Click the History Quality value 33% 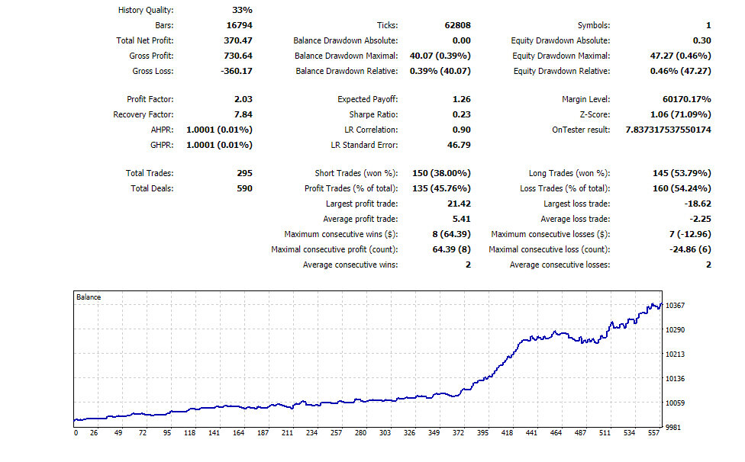[242, 10]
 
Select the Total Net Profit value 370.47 [238, 40]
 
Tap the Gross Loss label [153, 71]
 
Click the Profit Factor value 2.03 [243, 99]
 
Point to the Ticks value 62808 [457, 25]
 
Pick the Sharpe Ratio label [373, 115]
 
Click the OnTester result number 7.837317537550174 [668, 130]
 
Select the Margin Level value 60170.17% [687, 99]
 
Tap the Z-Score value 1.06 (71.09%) [680, 114]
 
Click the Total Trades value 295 [245, 173]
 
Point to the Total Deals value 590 [245, 188]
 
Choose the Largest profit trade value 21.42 [459, 204]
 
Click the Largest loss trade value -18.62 [698, 204]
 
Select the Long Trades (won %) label [569, 174]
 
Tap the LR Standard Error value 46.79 [459, 145]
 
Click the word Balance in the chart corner [89, 297]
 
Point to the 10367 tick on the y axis [675, 306]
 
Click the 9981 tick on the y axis [673, 428]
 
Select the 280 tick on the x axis [360, 432]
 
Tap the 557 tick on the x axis [653, 432]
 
